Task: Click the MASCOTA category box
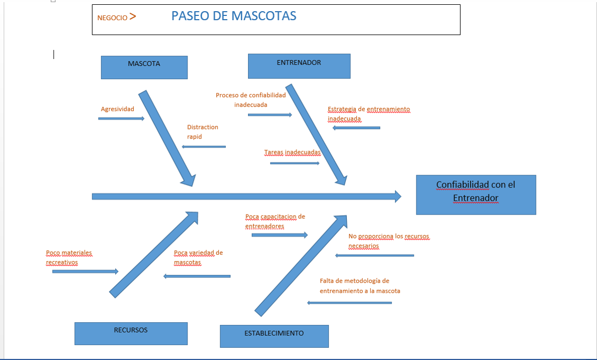[144, 67]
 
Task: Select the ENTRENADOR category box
[299, 66]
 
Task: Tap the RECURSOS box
[131, 333]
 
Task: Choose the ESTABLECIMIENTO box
[274, 336]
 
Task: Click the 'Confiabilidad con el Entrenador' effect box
[476, 195]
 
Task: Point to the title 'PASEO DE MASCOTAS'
[234, 16]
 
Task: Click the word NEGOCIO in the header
[112, 18]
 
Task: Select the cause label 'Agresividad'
[117, 109]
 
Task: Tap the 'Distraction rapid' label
[202, 132]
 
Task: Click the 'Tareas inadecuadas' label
[292, 152]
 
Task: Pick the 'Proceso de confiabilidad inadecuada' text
[251, 100]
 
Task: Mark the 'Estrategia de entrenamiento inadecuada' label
[369, 114]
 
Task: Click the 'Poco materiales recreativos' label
[69, 258]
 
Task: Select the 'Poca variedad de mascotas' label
[198, 258]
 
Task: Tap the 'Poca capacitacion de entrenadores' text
[275, 221]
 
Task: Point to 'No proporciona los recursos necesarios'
[388, 241]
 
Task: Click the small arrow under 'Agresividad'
[121, 118]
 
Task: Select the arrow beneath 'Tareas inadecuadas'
[295, 163]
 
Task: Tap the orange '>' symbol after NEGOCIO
[133, 16]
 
